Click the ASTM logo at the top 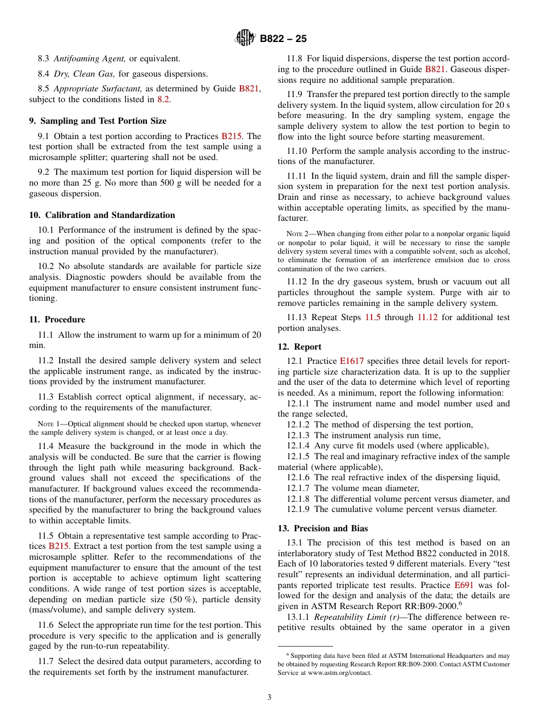pyautogui.click(x=245, y=39)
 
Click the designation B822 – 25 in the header pyautogui.click(x=283, y=39)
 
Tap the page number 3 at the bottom pyautogui.click(x=269, y=698)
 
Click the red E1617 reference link pyautogui.click(x=352, y=361)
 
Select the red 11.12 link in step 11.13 pyautogui.click(x=427, y=317)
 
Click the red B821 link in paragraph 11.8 pyautogui.click(x=435, y=69)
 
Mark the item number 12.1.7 pyautogui.click(x=298, y=488)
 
